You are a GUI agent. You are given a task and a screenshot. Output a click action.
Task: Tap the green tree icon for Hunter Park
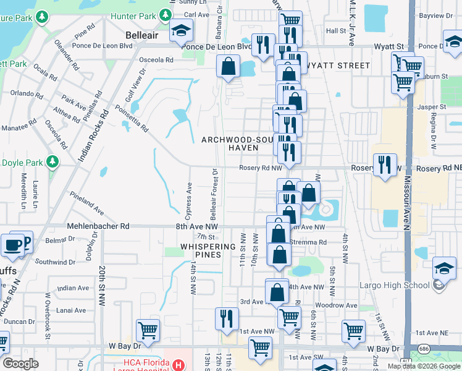tap(165, 14)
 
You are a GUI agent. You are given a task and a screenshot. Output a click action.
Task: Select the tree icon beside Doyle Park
tap(53, 162)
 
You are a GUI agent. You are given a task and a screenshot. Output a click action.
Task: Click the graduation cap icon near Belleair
tap(181, 30)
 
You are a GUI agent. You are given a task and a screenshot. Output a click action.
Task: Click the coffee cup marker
tap(12, 245)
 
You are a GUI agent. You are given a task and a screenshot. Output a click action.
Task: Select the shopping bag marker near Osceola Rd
tap(228, 66)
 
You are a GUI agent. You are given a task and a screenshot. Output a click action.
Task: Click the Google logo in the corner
tap(21, 364)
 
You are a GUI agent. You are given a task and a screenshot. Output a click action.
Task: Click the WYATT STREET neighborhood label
tap(338, 65)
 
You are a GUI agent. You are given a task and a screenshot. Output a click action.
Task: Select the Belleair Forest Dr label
tap(214, 195)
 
